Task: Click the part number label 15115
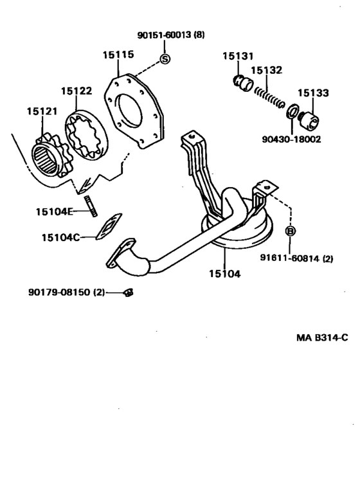pyautogui.click(x=118, y=55)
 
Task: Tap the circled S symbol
pyautogui.click(x=165, y=58)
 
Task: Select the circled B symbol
pyautogui.click(x=290, y=231)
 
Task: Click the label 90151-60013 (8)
pyautogui.click(x=171, y=35)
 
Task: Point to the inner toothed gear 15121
pyautogui.click(x=51, y=156)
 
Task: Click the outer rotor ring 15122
pyautogui.click(x=86, y=136)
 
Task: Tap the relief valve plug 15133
pyautogui.click(x=310, y=120)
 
